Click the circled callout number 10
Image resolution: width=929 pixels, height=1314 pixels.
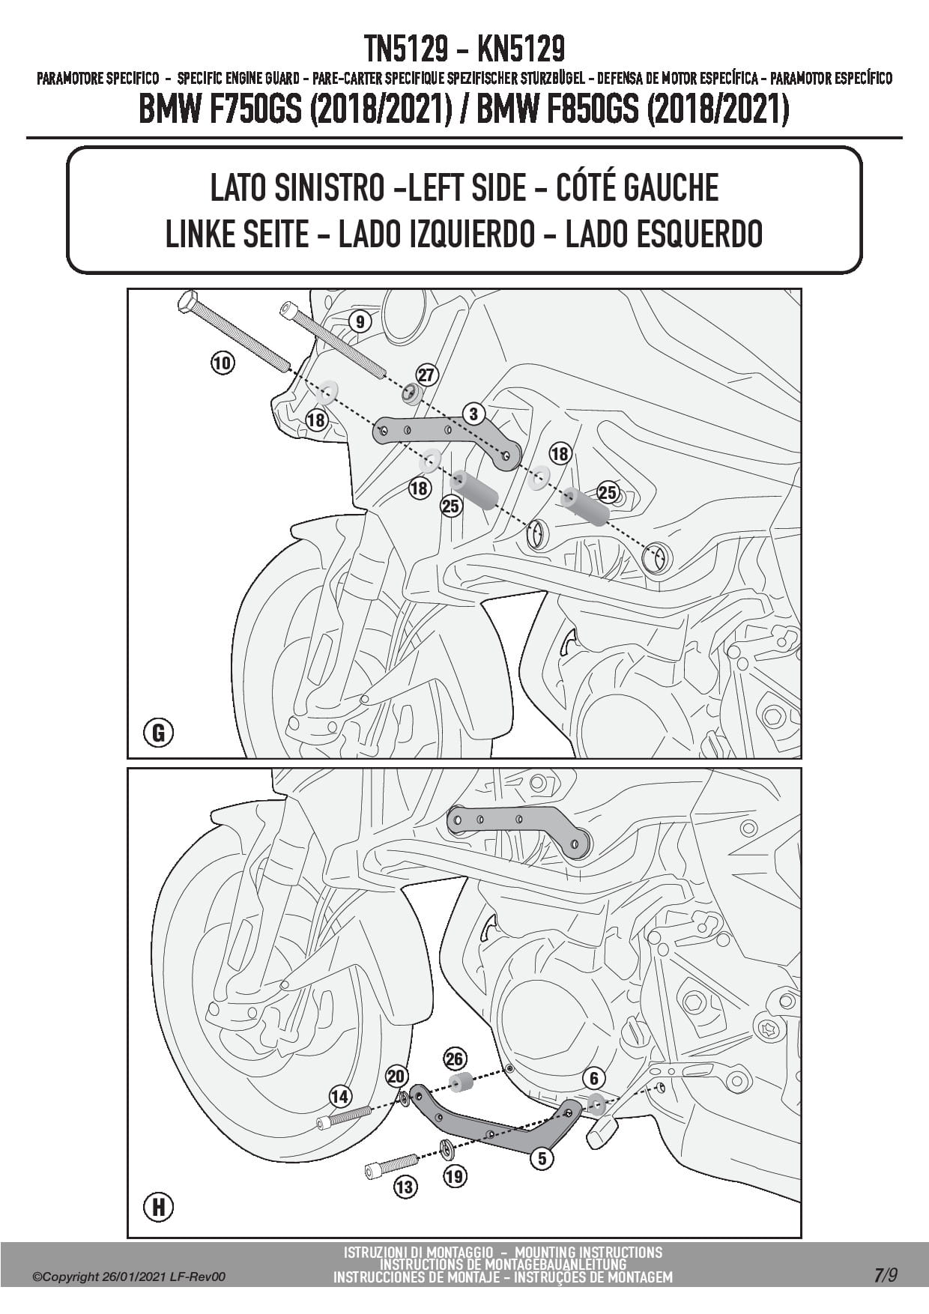point(223,363)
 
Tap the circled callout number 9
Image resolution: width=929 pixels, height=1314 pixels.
point(360,322)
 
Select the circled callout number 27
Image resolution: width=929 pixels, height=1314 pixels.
point(426,375)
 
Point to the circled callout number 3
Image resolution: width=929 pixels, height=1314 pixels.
point(473,413)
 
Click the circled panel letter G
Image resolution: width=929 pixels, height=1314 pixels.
point(158,731)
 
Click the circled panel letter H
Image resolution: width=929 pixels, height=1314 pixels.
point(158,1207)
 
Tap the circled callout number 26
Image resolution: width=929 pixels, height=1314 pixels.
point(455,1059)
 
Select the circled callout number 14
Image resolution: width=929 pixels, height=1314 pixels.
point(340,1097)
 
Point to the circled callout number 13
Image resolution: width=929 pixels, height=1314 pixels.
point(405,1187)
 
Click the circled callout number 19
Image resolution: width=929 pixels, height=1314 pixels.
point(454,1176)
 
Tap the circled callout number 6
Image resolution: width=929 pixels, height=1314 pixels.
point(593,1078)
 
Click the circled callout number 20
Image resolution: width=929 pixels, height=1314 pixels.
point(396,1077)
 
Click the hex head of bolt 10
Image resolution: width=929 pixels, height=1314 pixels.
point(187,303)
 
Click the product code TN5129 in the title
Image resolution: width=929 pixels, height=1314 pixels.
point(408,49)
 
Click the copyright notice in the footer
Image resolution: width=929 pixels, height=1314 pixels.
point(128,1277)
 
